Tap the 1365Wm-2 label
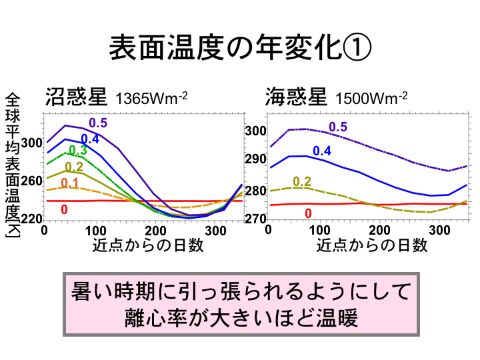151,99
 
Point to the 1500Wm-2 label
371,99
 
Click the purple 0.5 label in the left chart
98,123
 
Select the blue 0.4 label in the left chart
90,139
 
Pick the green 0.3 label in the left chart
78,151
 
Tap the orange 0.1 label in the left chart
70,183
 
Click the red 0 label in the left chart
64,209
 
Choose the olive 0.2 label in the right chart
302,181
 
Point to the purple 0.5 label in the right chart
338,127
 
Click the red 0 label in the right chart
308,213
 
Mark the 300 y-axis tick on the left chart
31,143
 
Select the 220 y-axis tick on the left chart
31,219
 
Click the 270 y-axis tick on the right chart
255,219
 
